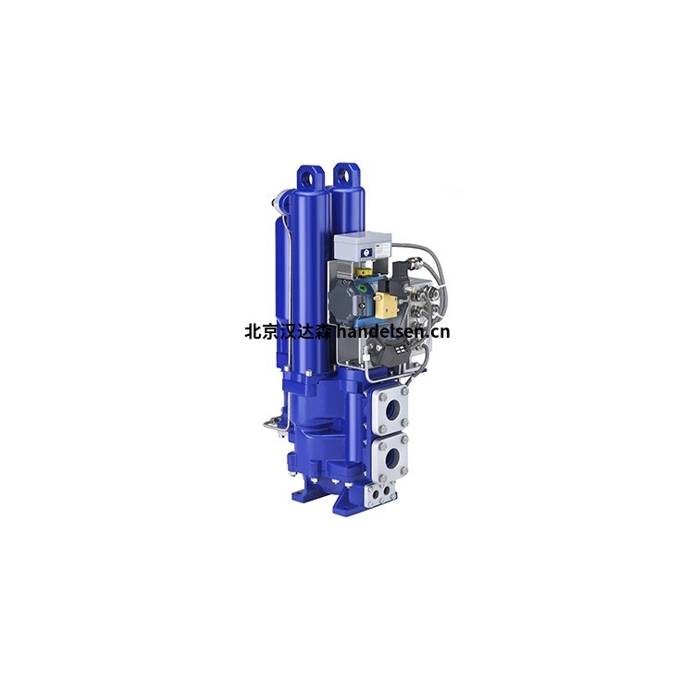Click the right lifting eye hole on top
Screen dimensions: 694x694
tap(344, 176)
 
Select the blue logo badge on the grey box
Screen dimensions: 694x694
tap(366, 253)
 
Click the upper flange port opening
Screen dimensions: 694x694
tap(391, 411)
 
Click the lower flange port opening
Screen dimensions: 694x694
tap(390, 458)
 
